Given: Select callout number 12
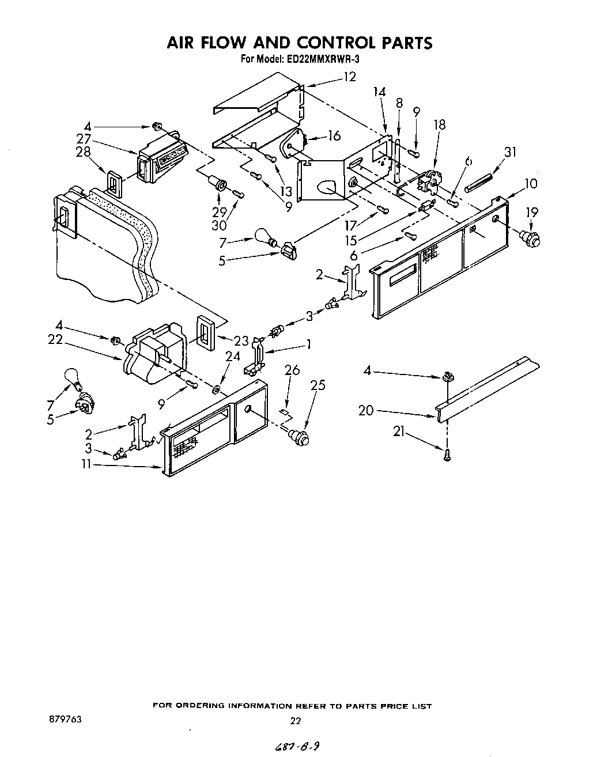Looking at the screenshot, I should [350, 77].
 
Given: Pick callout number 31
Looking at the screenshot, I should [510, 152].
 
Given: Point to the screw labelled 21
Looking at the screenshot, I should [447, 455].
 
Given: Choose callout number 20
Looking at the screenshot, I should [366, 411].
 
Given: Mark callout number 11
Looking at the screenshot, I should [86, 464].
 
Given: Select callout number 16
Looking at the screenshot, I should [334, 136].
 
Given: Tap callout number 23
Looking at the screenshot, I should [241, 340].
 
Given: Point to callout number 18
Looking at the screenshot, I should [440, 125].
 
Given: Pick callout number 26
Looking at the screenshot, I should [292, 370].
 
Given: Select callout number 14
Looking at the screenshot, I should [379, 92].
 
